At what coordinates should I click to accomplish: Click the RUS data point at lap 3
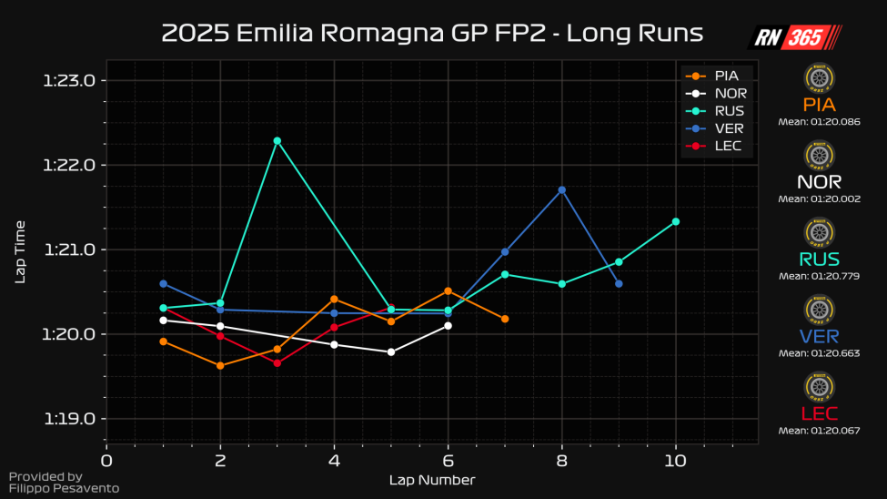277,141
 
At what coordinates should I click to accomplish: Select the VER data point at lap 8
562,189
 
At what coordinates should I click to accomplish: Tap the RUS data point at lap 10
676,221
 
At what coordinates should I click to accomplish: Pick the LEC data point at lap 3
277,362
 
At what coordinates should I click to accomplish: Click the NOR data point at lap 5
391,351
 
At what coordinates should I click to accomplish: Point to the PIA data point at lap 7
505,319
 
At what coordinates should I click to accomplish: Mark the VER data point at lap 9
619,283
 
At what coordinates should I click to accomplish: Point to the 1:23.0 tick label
70,80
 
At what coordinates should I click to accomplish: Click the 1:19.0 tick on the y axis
70,419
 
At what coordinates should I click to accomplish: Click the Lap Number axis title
431,479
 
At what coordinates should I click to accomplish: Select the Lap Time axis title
21,251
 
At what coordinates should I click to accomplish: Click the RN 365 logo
794,36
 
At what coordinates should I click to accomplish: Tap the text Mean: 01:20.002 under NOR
820,199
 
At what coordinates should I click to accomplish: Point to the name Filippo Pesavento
64,489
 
